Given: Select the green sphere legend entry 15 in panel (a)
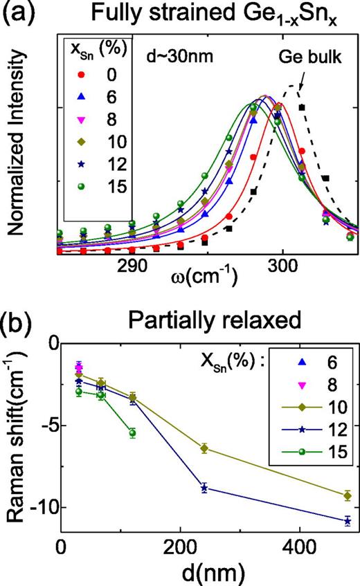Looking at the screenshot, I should pyautogui.click(x=82, y=203).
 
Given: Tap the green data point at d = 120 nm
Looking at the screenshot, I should pyautogui.click(x=132, y=433).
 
